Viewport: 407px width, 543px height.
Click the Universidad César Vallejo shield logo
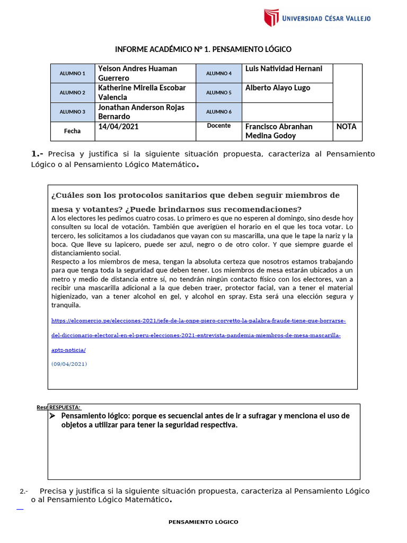(271, 17)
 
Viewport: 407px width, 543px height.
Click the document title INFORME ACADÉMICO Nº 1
(203, 49)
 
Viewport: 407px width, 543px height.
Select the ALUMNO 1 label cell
(73, 73)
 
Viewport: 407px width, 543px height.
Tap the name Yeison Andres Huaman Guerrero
(137, 73)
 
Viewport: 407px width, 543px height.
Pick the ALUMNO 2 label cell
(73, 92)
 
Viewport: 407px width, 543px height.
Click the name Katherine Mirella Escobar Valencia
(141, 92)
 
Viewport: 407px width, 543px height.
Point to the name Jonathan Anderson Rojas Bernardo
(141, 111)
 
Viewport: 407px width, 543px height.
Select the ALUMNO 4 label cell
(219, 73)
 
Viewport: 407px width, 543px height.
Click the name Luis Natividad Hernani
(284, 68)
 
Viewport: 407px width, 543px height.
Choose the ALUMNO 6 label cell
(219, 111)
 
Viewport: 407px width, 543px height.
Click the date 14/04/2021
(119, 127)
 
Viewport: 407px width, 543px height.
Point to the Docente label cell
(219, 126)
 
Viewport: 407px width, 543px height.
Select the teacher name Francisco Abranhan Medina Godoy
(279, 131)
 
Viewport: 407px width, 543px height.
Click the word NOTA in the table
(347, 127)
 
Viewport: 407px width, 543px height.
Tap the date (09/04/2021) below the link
(69, 364)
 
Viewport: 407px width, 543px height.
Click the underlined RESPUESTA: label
(65, 407)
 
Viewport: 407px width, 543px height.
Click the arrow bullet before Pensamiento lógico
(52, 416)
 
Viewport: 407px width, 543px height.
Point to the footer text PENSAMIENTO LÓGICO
(203, 522)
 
